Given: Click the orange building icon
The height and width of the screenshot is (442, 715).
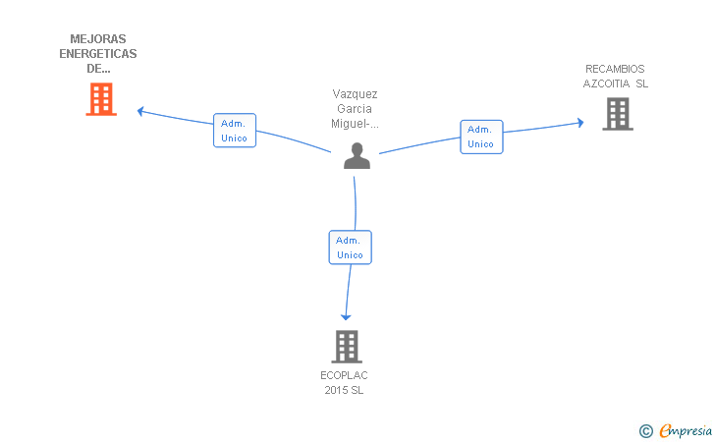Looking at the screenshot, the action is click(101, 99).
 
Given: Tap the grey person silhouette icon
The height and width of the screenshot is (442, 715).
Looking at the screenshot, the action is click(357, 155).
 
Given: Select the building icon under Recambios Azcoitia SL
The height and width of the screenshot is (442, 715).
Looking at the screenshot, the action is click(618, 114).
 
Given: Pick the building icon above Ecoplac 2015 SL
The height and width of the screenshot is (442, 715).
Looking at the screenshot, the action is click(347, 347).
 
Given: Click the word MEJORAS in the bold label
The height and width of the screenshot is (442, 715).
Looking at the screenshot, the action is click(98, 39).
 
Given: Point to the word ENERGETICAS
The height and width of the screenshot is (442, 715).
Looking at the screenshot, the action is click(98, 54).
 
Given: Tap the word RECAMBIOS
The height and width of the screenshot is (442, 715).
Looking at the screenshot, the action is click(615, 69).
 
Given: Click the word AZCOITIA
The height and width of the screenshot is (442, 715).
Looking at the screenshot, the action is click(606, 83).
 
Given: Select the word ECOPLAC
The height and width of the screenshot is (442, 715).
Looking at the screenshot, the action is click(344, 375).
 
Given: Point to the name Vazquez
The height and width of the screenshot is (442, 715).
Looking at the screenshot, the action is click(355, 94).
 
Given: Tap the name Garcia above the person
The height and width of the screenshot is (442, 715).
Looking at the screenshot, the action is click(355, 109).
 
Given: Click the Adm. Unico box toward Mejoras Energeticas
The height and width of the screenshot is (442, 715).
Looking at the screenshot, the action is click(235, 131).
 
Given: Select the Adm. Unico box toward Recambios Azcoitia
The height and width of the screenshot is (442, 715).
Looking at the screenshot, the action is click(481, 137).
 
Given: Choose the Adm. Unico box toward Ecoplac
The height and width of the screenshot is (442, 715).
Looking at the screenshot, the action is click(351, 248).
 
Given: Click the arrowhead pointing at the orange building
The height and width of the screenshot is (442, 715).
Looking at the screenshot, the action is click(140, 111).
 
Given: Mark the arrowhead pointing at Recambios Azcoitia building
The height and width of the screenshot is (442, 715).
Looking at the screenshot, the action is click(580, 122).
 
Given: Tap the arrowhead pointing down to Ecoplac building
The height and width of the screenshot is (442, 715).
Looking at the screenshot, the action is click(346, 317).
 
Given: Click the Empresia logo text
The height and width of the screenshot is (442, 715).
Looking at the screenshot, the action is click(686, 430).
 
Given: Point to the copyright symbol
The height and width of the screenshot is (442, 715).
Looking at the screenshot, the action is click(646, 431).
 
